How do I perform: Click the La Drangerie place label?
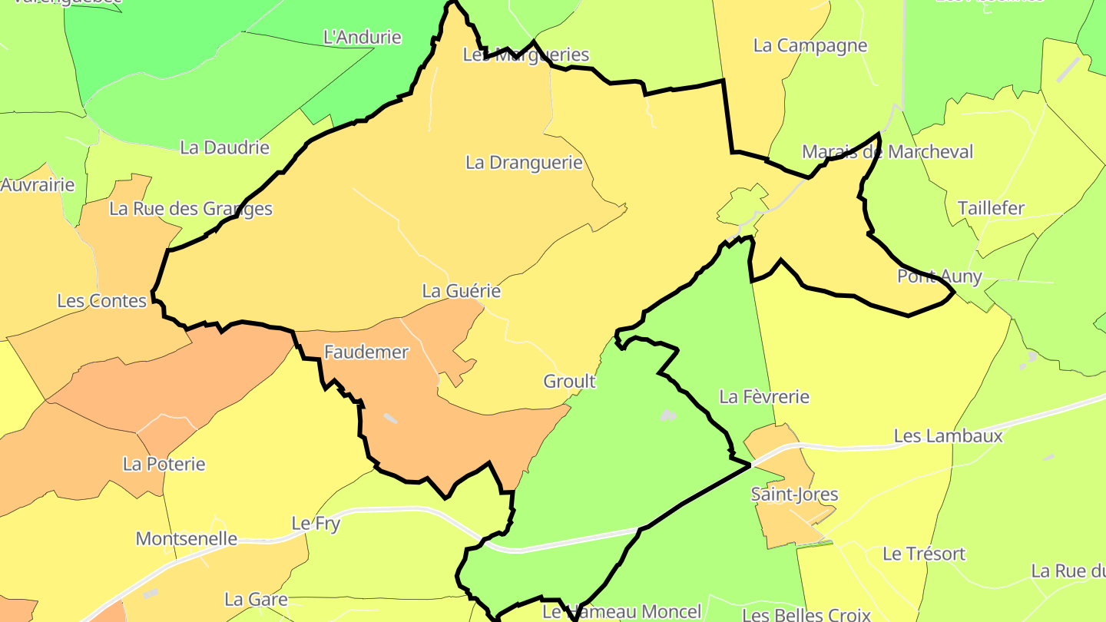524,163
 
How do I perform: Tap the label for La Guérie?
461,291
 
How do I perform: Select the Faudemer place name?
366,352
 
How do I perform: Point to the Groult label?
569,381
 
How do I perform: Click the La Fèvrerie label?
763,396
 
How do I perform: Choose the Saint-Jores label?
794,495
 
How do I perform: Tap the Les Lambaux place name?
948,436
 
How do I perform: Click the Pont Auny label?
939,276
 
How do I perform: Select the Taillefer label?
991,208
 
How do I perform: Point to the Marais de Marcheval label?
887,152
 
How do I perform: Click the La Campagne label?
810,45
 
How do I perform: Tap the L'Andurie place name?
363,37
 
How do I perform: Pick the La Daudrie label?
224,147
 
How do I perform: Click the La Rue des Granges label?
190,209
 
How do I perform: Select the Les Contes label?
101,300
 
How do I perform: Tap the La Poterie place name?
164,464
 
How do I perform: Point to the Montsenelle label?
186,538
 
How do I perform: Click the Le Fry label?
316,524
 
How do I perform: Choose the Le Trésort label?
923,554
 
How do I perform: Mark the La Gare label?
256,599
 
